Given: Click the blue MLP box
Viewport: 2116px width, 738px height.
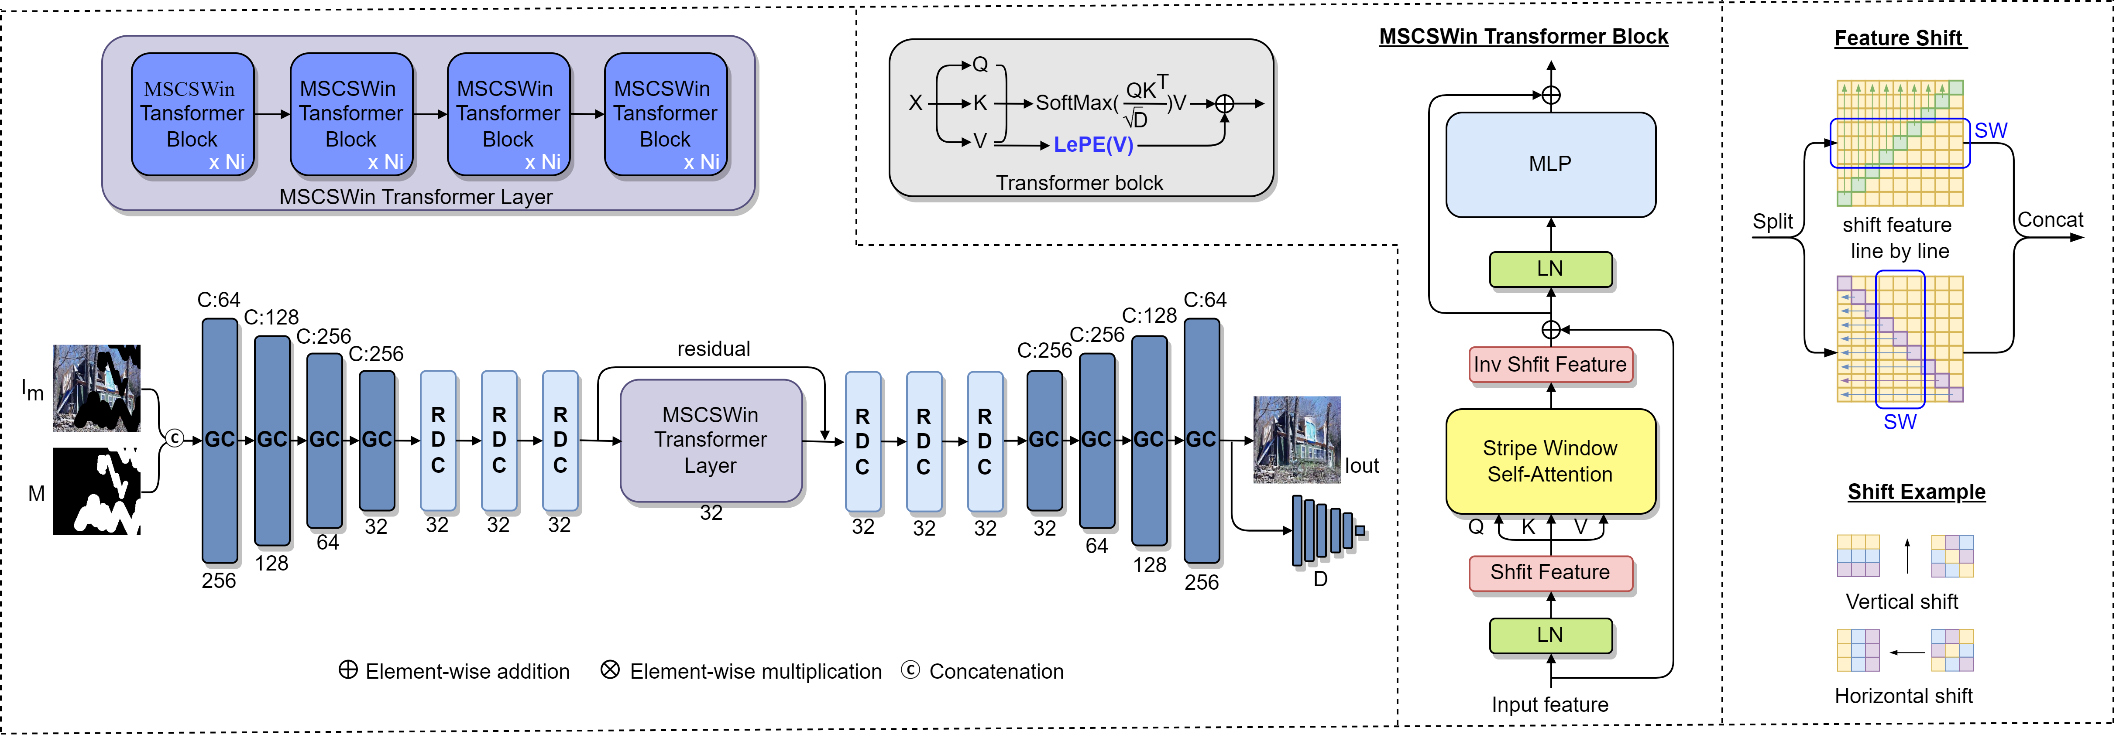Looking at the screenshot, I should (1550, 164).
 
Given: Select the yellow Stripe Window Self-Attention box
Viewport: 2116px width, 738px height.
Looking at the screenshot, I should (1550, 461).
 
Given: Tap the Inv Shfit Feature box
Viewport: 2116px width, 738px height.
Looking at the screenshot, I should (1550, 365).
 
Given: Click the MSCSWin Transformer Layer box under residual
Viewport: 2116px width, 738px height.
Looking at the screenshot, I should (711, 440).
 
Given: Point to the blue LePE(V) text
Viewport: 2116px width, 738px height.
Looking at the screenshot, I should (1093, 145).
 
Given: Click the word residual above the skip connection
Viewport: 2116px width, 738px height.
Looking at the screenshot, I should (713, 349).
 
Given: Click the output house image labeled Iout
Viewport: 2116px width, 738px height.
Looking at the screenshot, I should (1296, 440).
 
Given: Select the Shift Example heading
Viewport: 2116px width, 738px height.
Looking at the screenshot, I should (1917, 492).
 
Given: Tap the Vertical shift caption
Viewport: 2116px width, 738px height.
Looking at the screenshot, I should (1902, 602).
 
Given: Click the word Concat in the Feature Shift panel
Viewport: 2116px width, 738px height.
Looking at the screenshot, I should (2050, 220).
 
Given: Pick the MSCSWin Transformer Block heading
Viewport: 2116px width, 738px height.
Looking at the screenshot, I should (1524, 37).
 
